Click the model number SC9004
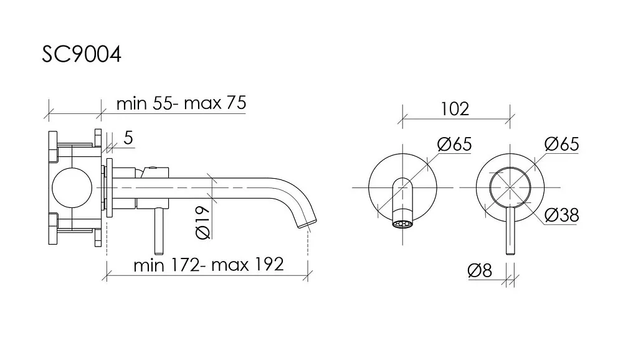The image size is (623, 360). coord(82,54)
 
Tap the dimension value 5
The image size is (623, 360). coord(128,138)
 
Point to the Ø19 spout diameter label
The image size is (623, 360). coord(203,222)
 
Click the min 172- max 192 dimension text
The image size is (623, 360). coord(209,265)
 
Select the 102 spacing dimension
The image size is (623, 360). coord(455,109)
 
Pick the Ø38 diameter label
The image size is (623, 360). coord(561,215)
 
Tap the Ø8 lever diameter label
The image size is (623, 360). coord(480,270)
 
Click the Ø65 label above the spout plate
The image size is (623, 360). coord(455,144)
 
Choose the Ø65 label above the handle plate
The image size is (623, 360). coord(562,144)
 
